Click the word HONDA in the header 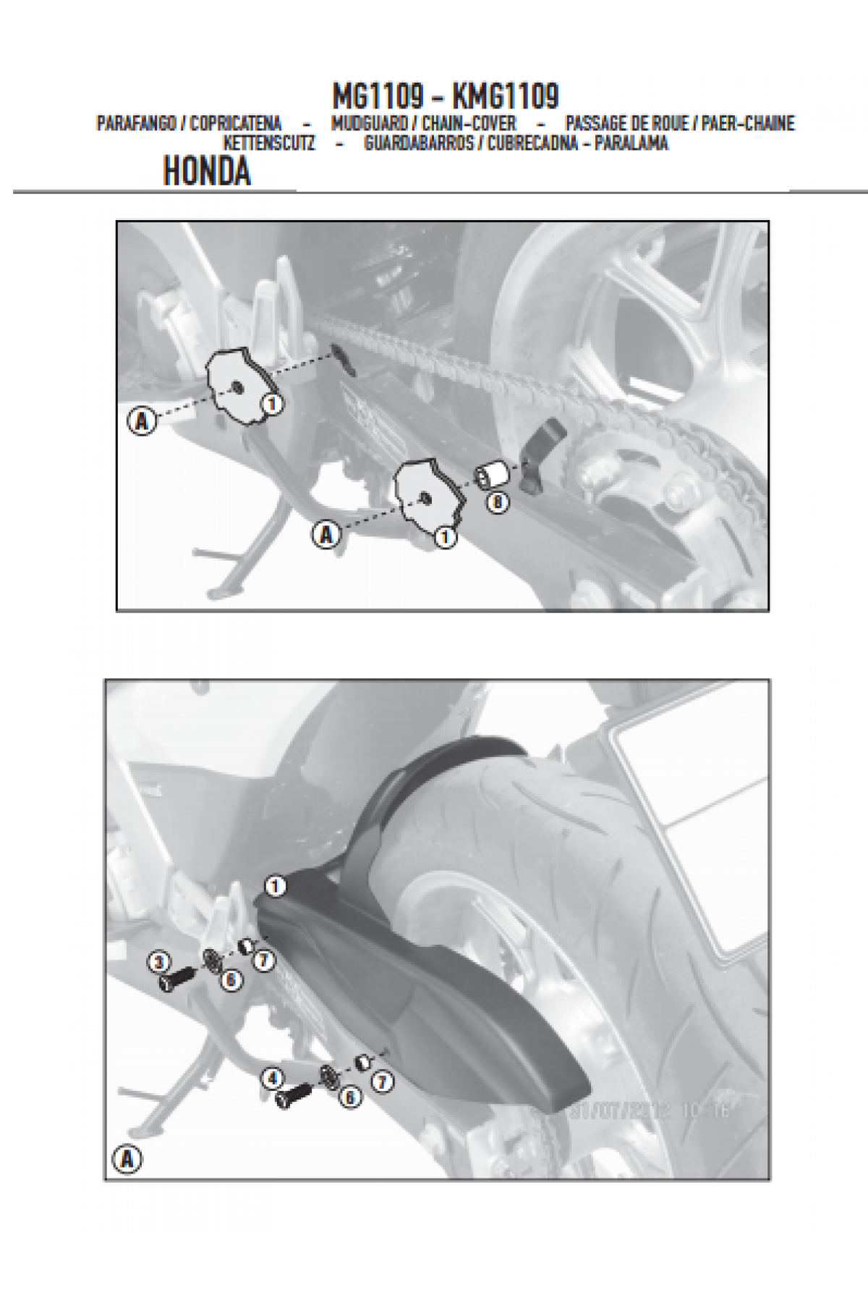(207, 172)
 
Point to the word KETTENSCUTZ (270, 143)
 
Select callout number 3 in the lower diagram (160, 962)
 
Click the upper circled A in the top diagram (142, 421)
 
